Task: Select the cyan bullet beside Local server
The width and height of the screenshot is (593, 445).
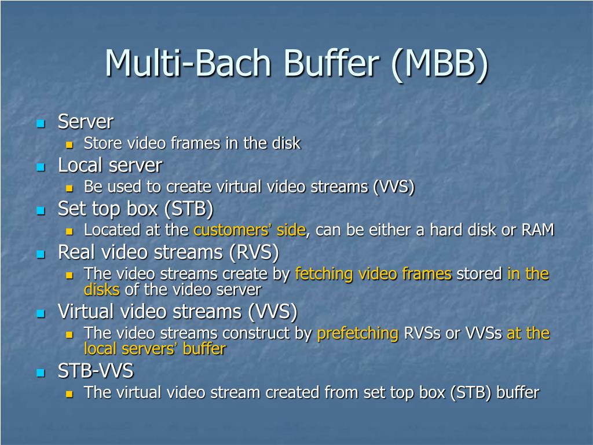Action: (x=41, y=167)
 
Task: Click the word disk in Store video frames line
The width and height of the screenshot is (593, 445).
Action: (x=286, y=143)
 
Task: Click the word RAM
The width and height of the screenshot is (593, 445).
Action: (x=538, y=230)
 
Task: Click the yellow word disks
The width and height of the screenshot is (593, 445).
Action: (x=101, y=289)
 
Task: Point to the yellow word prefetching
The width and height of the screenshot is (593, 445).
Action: (x=358, y=333)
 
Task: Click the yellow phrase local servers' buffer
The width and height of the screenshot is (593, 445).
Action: (x=155, y=349)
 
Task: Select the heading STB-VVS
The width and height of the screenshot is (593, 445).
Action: (x=95, y=371)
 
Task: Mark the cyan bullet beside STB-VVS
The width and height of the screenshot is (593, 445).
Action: (x=41, y=372)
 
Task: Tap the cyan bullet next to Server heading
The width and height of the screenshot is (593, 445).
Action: (x=41, y=123)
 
